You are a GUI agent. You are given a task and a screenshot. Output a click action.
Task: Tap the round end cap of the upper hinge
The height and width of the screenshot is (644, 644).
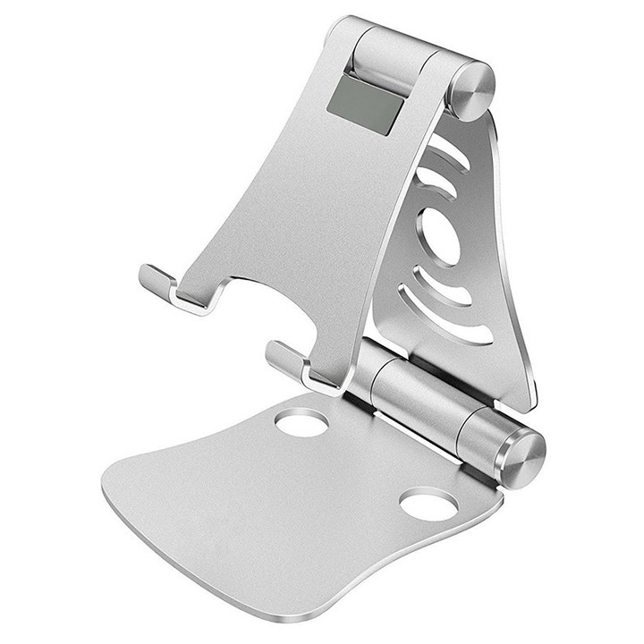tap(471, 90)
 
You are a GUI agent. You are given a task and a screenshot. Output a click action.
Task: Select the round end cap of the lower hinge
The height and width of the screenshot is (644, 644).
tap(521, 457)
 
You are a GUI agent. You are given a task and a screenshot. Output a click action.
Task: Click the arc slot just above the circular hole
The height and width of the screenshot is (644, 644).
tap(437, 184)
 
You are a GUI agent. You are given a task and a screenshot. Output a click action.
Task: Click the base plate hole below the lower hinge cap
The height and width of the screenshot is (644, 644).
tap(428, 504)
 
